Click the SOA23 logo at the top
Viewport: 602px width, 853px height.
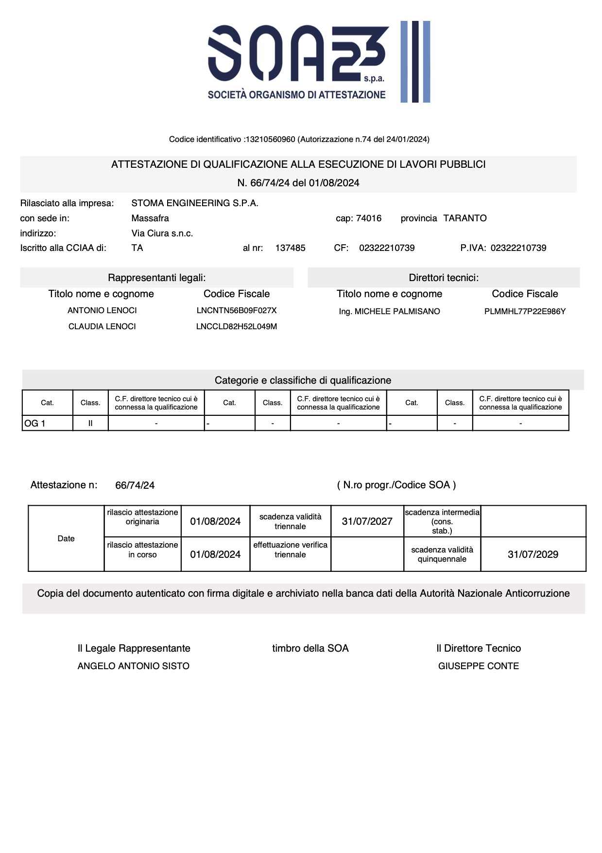[318, 62]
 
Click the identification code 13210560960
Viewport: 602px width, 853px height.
[270, 140]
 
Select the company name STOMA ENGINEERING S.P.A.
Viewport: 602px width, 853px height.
[195, 203]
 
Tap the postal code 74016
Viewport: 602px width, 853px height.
[369, 218]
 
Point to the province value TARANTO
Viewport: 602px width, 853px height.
[465, 218]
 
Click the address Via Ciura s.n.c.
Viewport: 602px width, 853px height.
[162, 233]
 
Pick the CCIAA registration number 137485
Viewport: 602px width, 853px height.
[290, 248]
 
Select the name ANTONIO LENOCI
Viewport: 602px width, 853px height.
[102, 310]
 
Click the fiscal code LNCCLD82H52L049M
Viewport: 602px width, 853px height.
[237, 327]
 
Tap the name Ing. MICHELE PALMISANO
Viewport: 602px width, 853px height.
[389, 311]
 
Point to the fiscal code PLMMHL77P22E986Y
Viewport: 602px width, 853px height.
[525, 311]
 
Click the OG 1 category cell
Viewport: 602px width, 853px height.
[47, 424]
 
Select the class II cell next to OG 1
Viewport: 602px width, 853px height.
[90, 424]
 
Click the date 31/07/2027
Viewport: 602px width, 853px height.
[367, 521]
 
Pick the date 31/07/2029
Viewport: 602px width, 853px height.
[533, 554]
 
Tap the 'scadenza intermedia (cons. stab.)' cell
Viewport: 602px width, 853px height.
[442, 521]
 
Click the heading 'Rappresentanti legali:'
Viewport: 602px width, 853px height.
[156, 278]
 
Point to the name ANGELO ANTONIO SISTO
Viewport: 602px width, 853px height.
[134, 666]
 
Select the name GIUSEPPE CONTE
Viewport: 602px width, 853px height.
[479, 666]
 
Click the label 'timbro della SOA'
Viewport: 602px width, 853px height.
[310, 648]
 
